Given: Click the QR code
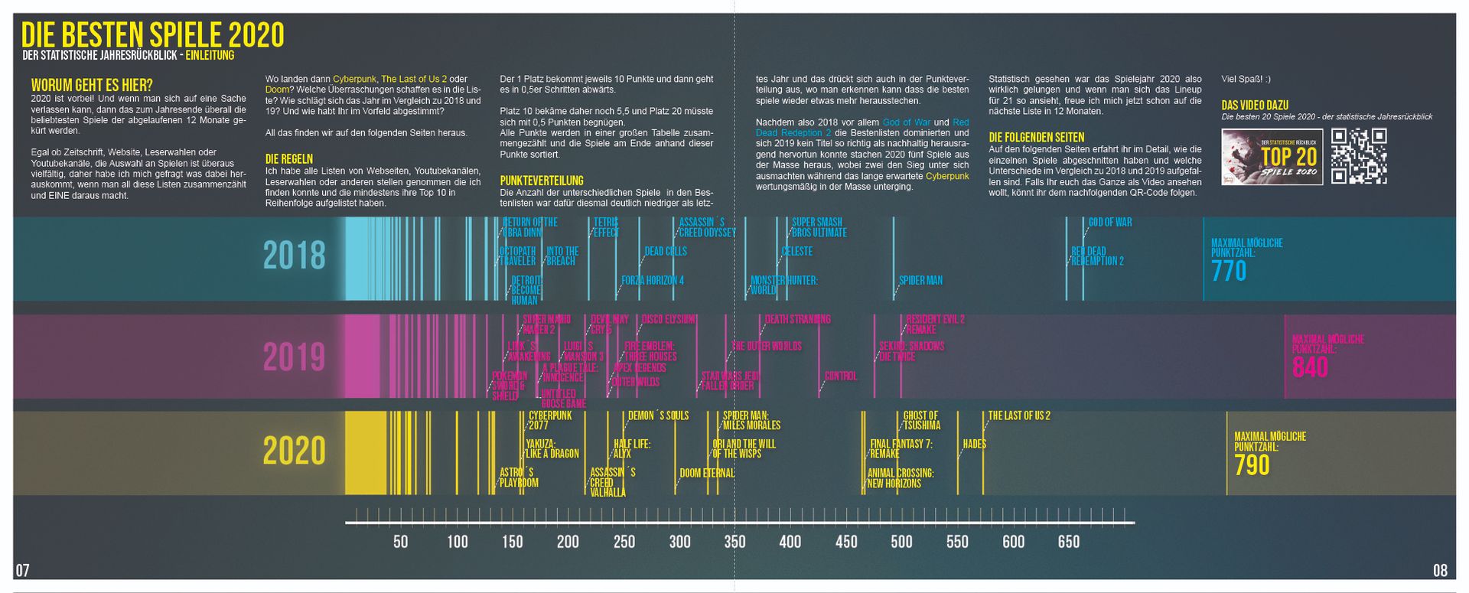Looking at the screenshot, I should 1359,156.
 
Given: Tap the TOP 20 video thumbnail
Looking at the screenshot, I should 1272,157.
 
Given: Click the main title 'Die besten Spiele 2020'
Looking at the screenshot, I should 152,35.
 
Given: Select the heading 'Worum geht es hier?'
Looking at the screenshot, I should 92,86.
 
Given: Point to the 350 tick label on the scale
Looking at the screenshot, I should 734,542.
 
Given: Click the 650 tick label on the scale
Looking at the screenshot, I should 1069,542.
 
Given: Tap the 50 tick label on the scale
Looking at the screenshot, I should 400,542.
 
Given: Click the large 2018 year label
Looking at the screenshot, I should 295,256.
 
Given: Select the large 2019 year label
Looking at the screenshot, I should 295,357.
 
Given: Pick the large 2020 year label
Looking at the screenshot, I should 295,451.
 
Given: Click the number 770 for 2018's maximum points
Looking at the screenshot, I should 1229,272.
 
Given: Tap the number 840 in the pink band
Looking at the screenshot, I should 1310,368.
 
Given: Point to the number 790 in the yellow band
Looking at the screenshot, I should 1252,465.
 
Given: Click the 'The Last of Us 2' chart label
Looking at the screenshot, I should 1019,415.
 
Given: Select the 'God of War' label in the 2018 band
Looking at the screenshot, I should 1110,223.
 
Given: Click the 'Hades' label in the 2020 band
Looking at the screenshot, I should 975,444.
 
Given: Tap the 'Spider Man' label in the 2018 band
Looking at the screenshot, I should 920,281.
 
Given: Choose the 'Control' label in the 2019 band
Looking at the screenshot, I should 841,376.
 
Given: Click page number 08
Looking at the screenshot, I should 1440,570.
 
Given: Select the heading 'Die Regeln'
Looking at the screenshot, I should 289,159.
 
